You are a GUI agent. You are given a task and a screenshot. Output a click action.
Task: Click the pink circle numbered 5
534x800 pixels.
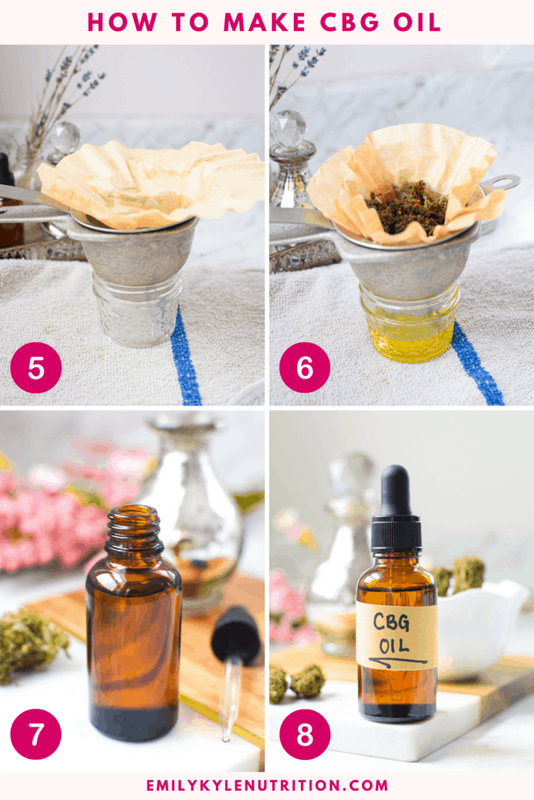(36, 367)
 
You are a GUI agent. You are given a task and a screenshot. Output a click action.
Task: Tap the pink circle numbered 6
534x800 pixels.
(304, 367)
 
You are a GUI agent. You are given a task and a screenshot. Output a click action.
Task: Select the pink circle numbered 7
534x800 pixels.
(36, 734)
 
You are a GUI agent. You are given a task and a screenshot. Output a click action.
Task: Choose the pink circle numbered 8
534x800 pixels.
(304, 734)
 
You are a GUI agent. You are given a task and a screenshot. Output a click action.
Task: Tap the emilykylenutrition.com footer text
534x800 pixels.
(267, 784)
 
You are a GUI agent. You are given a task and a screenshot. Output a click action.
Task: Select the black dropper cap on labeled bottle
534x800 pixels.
(396, 508)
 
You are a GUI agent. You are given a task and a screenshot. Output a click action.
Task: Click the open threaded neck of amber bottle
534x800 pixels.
(134, 530)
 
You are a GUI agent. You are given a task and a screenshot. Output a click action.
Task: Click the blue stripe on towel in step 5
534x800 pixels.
(185, 359)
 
